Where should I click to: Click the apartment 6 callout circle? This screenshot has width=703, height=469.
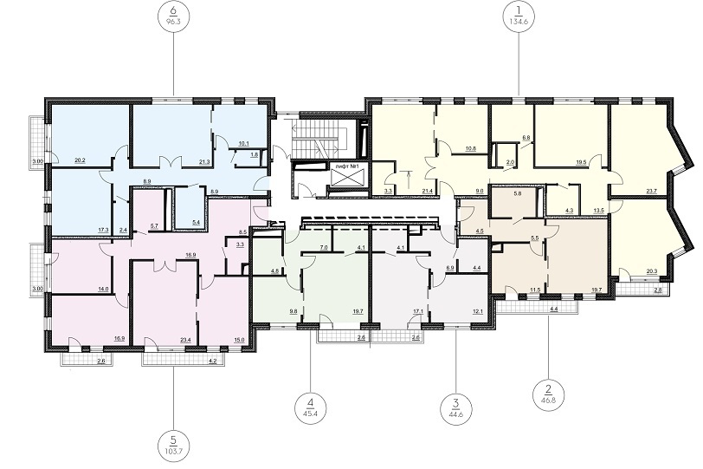click(x=174, y=16)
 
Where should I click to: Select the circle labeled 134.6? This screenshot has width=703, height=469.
click(x=519, y=16)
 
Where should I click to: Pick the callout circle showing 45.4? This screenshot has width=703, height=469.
click(x=311, y=407)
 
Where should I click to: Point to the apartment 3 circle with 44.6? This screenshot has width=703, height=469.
click(x=456, y=408)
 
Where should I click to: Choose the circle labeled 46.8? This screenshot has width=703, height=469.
click(x=548, y=392)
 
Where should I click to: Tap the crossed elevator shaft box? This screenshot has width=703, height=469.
click(x=347, y=179)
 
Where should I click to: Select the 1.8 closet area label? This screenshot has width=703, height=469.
click(x=255, y=154)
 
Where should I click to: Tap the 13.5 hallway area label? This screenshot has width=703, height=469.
click(x=599, y=210)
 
